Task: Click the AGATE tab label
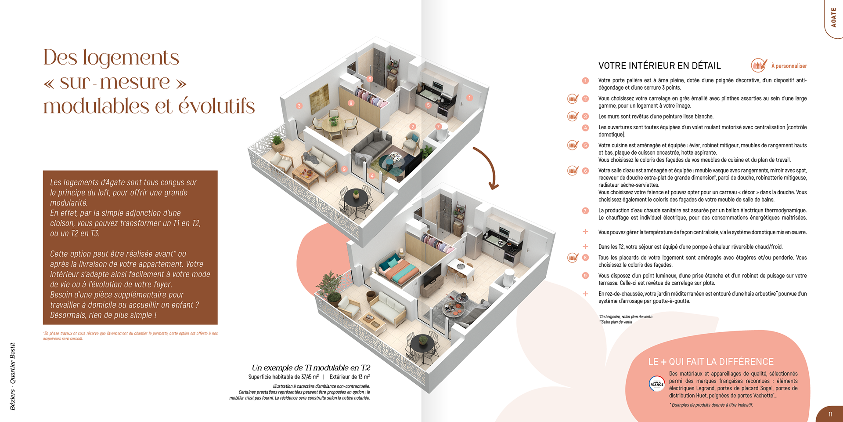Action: [833, 18]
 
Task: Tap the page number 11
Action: [830, 414]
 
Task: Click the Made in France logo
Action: [657, 384]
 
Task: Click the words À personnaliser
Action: [789, 66]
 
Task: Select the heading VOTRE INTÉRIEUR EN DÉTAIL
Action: [659, 66]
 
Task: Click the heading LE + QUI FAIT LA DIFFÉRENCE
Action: [710, 362]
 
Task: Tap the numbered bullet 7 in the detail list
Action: [585, 211]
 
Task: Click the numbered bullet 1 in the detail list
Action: [585, 80]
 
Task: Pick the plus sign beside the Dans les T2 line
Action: [585, 247]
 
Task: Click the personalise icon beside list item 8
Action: [573, 258]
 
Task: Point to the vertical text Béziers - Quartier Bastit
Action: [12, 376]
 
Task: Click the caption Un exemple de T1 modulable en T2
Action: [311, 367]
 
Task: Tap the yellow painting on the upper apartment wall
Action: [319, 97]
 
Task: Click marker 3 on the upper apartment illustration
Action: [299, 105]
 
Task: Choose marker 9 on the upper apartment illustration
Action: [344, 169]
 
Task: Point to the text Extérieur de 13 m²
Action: [349, 377]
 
